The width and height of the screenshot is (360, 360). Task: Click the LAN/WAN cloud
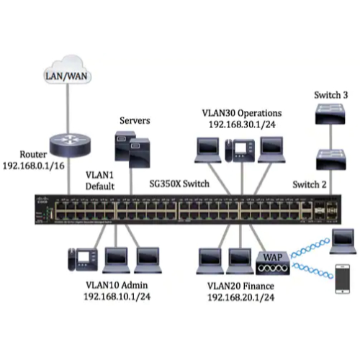point(62,75)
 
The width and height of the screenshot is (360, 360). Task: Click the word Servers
point(134,120)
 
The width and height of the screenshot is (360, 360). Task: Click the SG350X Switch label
point(179,184)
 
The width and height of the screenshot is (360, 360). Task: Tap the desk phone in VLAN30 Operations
point(235,148)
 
